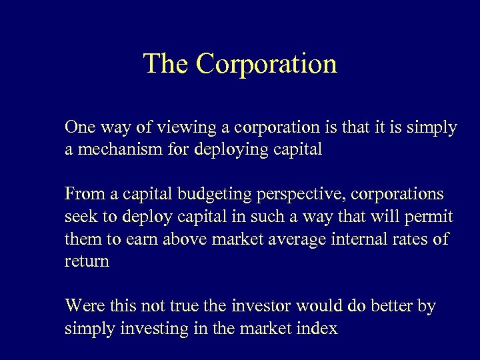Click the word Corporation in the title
(x=267, y=64)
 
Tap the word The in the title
(x=167, y=64)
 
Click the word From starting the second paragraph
(x=83, y=194)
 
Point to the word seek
(x=80, y=217)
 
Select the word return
(x=87, y=261)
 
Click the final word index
(x=317, y=328)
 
